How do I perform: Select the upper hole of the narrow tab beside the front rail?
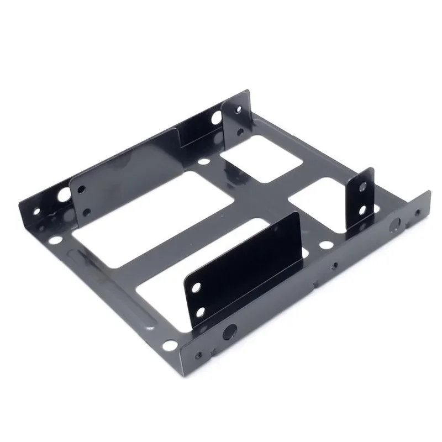tap(362, 186)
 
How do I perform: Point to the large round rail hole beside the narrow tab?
tap(396, 224)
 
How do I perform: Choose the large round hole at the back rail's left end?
tap(64, 194)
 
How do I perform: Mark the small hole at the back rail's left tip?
tap(37, 211)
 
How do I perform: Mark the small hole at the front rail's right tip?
tap(418, 212)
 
